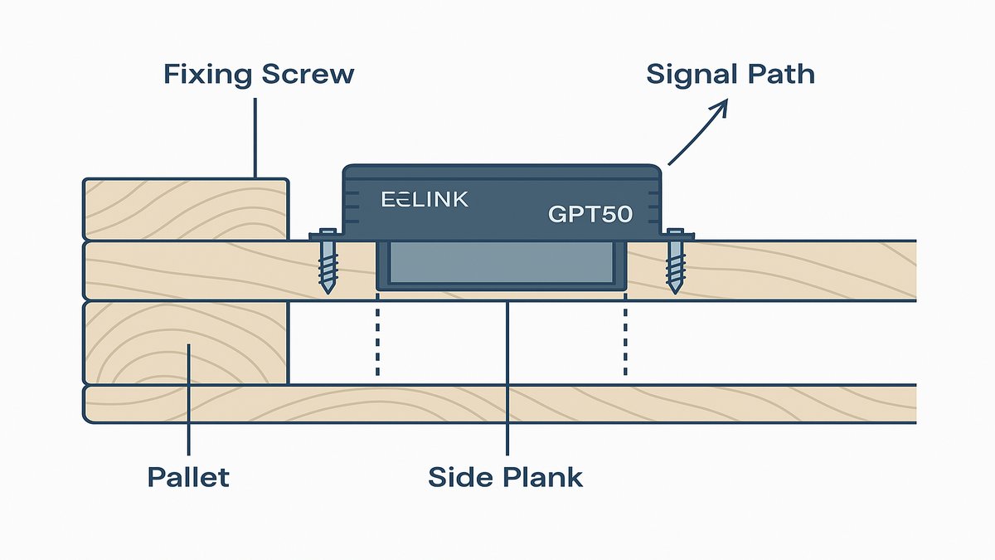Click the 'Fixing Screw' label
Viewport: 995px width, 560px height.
[259, 75]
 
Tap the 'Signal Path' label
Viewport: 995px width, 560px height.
[730, 75]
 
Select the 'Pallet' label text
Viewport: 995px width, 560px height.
[188, 477]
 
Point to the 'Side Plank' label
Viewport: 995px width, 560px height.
[505, 477]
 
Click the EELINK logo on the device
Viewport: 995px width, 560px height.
[425, 199]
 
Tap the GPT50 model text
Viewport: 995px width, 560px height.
[590, 214]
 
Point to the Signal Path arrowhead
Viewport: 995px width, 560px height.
[721, 106]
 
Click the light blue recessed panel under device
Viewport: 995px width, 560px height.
[502, 264]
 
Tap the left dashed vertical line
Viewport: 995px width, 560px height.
[377, 340]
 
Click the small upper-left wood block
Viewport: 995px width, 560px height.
[186, 208]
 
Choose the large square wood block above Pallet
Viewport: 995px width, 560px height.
[186, 342]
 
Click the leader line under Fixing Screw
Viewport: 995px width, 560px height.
[255, 137]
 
